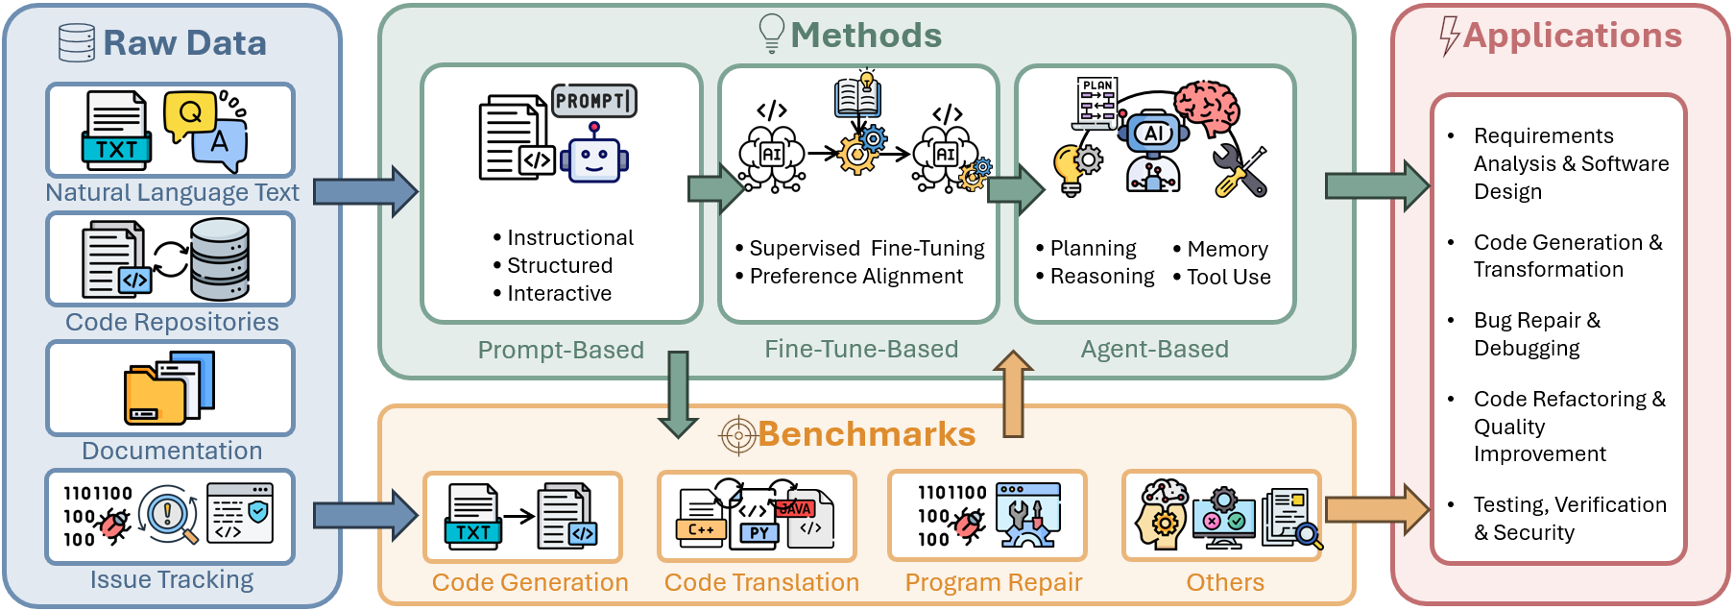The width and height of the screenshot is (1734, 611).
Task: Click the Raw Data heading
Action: click(x=184, y=43)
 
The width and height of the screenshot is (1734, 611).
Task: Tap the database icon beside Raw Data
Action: click(x=77, y=43)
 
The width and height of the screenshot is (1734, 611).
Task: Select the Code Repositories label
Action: click(x=172, y=322)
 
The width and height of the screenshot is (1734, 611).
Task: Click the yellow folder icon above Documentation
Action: click(x=154, y=394)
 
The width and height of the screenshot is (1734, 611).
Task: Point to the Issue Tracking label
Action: click(x=172, y=579)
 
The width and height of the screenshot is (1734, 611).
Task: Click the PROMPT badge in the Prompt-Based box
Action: click(x=594, y=101)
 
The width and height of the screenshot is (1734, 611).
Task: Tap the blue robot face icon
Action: click(x=594, y=159)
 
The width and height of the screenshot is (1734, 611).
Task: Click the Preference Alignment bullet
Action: click(x=855, y=277)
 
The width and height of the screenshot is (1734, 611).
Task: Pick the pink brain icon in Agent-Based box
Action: click(x=1207, y=105)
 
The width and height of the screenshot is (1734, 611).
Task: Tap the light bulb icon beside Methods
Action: click(x=772, y=33)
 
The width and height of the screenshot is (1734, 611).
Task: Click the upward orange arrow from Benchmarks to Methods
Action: click(x=1012, y=393)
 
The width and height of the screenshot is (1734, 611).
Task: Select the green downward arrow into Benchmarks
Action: click(x=678, y=394)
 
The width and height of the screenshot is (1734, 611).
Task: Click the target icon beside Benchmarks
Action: click(x=738, y=435)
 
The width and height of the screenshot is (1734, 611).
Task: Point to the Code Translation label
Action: click(x=761, y=582)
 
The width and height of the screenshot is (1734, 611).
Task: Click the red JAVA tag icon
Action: click(x=795, y=508)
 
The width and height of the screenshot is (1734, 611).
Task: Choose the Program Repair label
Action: click(x=993, y=582)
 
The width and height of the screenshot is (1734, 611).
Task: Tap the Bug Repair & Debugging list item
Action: click(x=1536, y=334)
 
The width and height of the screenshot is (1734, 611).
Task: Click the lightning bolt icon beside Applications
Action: click(x=1449, y=37)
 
